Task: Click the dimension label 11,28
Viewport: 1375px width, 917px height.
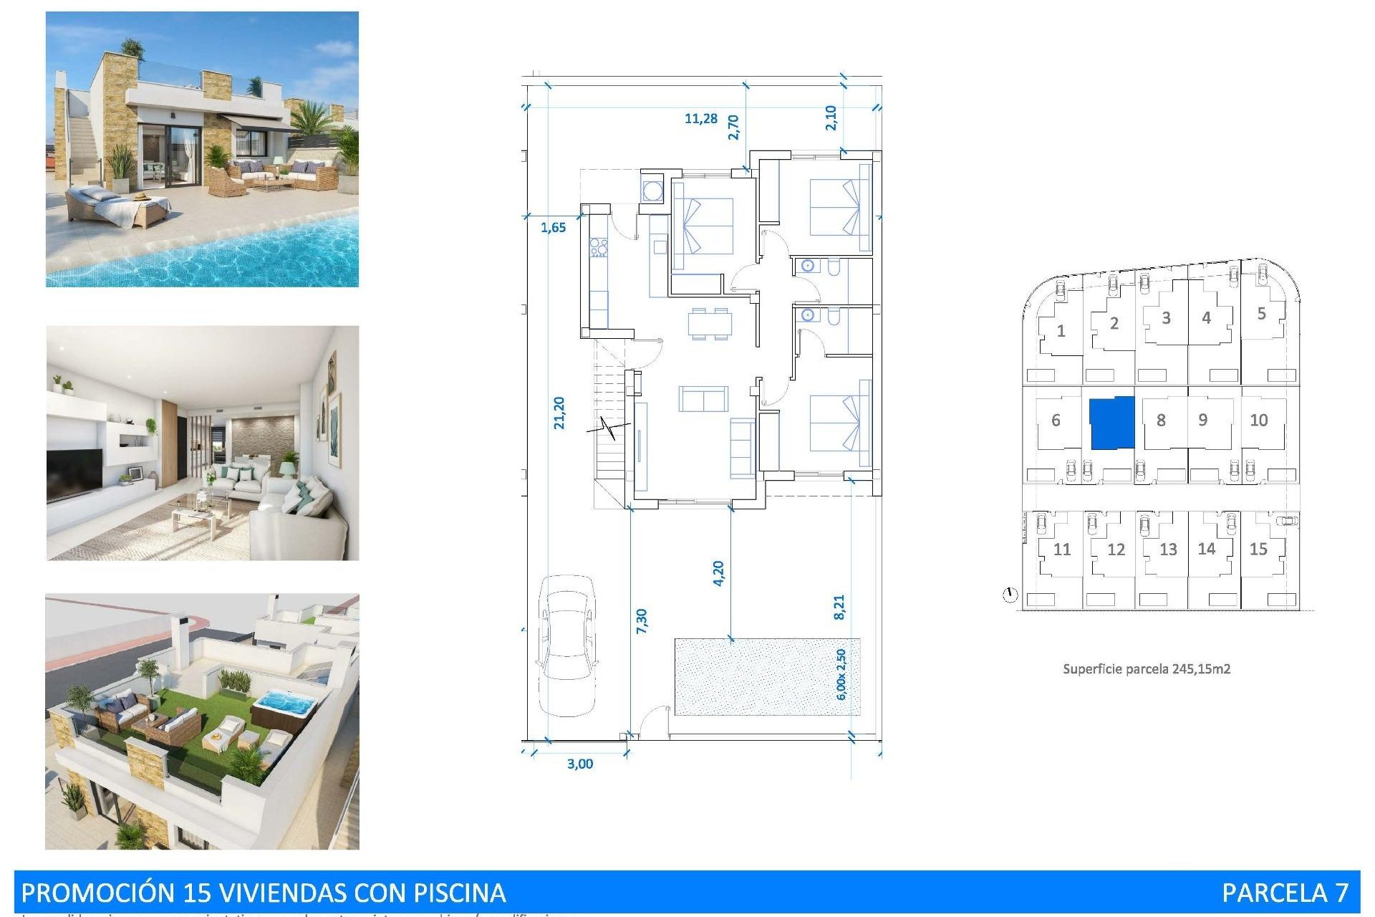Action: click(x=700, y=118)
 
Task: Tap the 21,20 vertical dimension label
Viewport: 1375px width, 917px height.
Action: click(x=559, y=413)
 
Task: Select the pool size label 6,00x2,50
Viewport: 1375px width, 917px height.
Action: click(x=841, y=675)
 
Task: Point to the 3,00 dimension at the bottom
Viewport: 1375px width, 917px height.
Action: click(x=580, y=764)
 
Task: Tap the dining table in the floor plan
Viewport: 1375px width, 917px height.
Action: click(x=710, y=323)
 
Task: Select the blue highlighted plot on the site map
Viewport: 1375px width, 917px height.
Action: click(x=1112, y=423)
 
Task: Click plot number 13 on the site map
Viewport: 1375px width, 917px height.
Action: click(x=1168, y=549)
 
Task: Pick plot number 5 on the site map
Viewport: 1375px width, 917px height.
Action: click(x=1262, y=314)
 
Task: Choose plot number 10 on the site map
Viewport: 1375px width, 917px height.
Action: click(x=1259, y=421)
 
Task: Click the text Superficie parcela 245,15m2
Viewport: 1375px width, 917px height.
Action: click(x=1147, y=669)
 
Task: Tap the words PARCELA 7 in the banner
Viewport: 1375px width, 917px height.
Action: click(x=1285, y=893)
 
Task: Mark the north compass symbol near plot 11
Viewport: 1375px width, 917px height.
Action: click(x=1010, y=595)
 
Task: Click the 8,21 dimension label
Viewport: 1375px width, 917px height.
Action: click(x=839, y=607)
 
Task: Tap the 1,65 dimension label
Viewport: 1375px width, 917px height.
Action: click(x=553, y=228)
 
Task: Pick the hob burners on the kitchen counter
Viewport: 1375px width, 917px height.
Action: click(x=598, y=248)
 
